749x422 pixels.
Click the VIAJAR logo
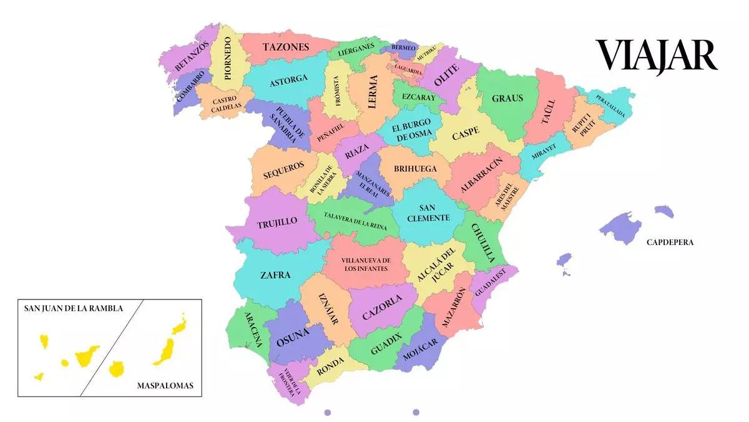click(656, 56)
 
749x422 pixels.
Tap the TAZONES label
click(286, 47)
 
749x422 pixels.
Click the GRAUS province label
click(507, 98)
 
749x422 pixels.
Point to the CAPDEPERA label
click(670, 242)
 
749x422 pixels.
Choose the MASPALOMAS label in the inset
click(165, 386)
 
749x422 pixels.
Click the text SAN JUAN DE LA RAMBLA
click(74, 308)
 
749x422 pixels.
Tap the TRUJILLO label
click(277, 223)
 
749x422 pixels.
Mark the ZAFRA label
click(275, 274)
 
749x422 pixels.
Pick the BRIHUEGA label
click(414, 168)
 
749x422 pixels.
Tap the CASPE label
click(466, 133)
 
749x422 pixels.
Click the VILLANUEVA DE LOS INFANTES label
click(367, 264)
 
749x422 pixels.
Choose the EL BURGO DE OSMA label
click(411, 131)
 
